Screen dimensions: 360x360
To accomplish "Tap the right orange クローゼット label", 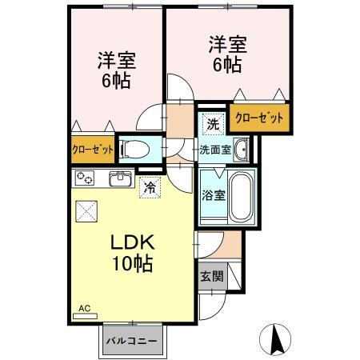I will (x=259, y=118).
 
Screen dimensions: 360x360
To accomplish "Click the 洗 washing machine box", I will (x=212, y=124).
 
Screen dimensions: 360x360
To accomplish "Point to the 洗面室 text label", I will (x=216, y=148).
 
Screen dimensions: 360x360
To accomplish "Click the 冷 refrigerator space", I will (x=149, y=188).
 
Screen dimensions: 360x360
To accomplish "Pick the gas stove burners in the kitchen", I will (x=85, y=178).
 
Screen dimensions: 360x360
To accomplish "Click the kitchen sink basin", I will (x=120, y=178).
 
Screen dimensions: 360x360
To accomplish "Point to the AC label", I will (x=84, y=308).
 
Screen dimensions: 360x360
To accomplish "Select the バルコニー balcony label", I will (x=134, y=341).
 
